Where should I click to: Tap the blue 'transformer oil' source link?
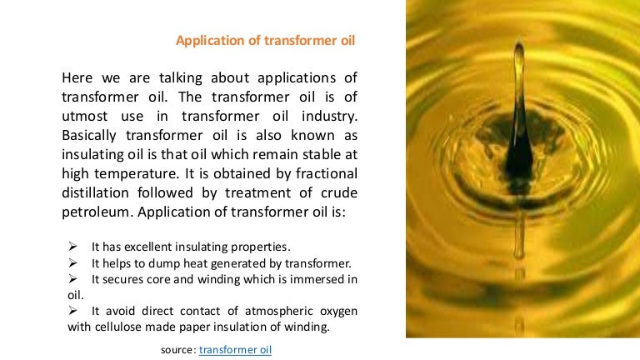236,350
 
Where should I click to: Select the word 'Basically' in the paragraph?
92,135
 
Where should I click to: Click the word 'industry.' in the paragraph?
328,117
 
